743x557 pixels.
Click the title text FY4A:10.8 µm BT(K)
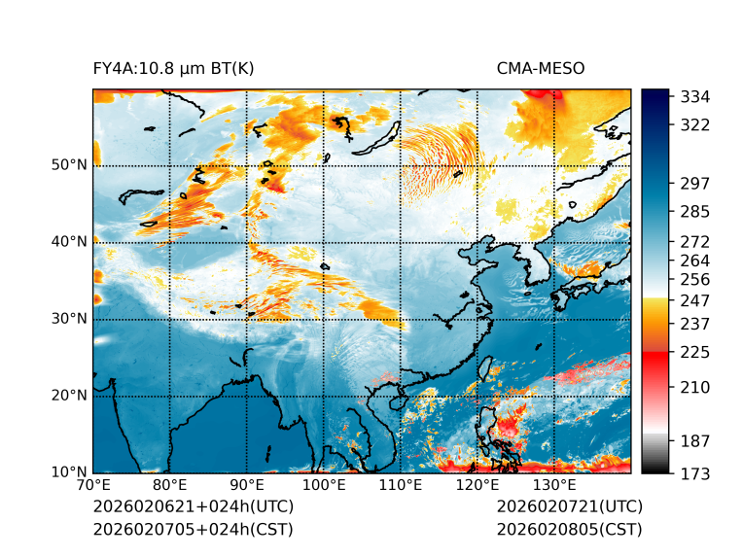point(173,68)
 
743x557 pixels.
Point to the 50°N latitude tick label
point(69,165)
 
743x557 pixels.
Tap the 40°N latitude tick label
point(69,242)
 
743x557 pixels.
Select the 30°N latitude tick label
point(69,319)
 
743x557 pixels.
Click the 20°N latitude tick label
point(69,396)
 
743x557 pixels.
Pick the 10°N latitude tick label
point(69,472)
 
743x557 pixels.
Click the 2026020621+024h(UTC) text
point(193,507)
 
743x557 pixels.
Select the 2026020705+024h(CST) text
point(193,530)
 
